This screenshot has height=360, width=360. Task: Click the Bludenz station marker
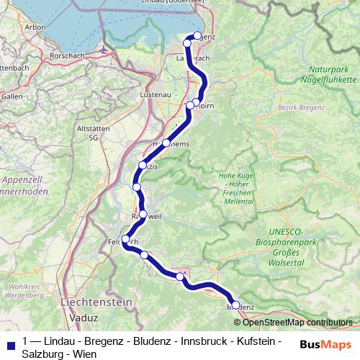[235, 305]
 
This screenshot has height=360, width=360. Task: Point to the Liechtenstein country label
[96, 302]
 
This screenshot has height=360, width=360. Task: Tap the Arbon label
[35, 27]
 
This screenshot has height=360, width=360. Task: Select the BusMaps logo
[326, 344]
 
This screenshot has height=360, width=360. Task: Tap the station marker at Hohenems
[166, 143]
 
